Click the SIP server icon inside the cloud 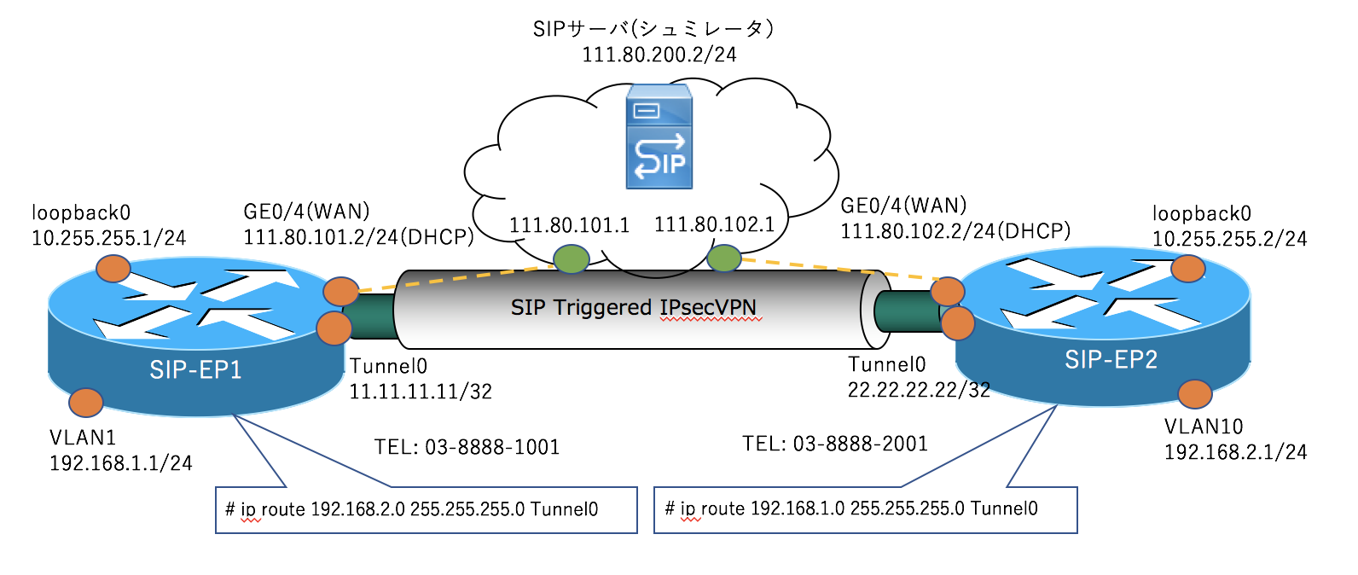(x=659, y=136)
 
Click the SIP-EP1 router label (x=195, y=369)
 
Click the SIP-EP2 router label (x=1111, y=360)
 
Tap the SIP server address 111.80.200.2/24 (x=659, y=55)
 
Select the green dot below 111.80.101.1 (x=571, y=258)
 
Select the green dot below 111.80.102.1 (x=723, y=257)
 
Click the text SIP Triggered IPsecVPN (x=633, y=308)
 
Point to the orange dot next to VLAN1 (x=85, y=402)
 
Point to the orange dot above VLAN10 (x=1194, y=393)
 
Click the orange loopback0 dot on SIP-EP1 (x=113, y=269)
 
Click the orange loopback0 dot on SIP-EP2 (x=1187, y=269)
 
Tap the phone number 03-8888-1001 (x=492, y=447)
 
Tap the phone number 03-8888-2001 (x=860, y=444)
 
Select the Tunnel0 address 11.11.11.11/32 (x=421, y=392)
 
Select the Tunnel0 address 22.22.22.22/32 (x=919, y=390)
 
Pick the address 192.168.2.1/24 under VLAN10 (x=1235, y=452)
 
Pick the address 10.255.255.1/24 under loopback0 (x=108, y=238)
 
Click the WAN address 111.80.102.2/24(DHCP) (x=955, y=231)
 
